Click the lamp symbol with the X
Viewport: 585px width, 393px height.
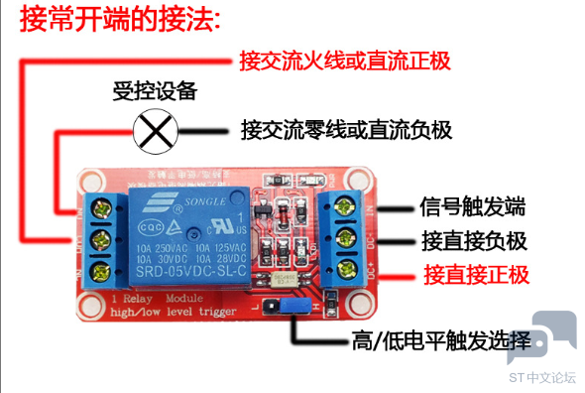point(153,130)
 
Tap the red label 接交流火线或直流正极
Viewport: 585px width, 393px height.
point(346,61)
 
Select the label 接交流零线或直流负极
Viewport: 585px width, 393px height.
point(346,130)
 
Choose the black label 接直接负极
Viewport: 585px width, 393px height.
point(474,241)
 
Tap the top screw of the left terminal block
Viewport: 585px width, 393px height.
point(98,209)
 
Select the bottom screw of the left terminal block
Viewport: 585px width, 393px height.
point(98,269)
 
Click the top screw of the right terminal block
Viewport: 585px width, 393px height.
point(347,207)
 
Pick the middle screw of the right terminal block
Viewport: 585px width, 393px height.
point(347,237)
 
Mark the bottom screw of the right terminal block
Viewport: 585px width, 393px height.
point(347,267)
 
